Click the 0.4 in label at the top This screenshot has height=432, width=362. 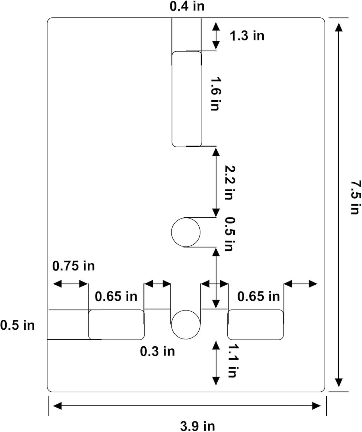point(187,6)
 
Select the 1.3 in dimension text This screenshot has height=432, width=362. point(247,36)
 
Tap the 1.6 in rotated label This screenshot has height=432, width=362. point(215,94)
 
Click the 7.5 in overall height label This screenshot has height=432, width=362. point(356,197)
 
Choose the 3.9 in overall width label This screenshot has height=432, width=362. point(198,426)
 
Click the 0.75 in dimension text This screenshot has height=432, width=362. point(73,266)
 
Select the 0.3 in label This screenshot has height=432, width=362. point(157,351)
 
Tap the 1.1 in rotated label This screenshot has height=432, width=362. point(233,360)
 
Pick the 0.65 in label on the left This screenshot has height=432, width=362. point(116,296)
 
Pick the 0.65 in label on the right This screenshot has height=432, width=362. point(258,296)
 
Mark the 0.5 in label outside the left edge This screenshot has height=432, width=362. point(17,325)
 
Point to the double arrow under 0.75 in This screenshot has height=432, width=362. point(70,284)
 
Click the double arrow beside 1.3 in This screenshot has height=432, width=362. point(216,35)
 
